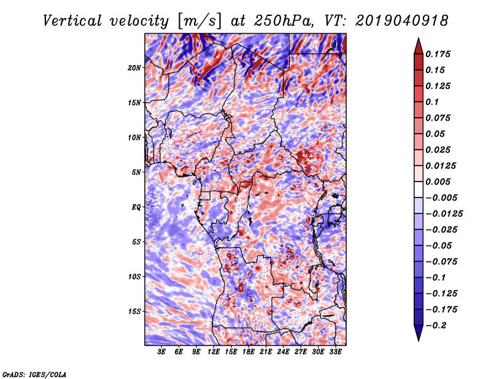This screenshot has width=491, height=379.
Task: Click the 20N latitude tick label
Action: click(134, 67)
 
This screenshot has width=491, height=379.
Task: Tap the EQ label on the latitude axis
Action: click(136, 207)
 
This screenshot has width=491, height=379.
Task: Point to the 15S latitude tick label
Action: click(134, 312)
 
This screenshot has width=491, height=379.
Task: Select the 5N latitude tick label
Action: click(136, 172)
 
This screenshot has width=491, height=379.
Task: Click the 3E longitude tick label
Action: click(161, 352)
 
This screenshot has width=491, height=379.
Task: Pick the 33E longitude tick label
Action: click(335, 352)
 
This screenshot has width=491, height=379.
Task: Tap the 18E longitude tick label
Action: click(249, 352)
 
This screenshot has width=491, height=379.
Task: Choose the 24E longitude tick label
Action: click(283, 352)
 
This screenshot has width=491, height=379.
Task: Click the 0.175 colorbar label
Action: click(438, 54)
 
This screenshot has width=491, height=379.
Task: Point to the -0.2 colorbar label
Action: click(436, 326)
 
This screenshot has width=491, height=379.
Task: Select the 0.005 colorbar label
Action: click(438, 182)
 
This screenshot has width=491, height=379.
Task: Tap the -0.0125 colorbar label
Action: click(444, 214)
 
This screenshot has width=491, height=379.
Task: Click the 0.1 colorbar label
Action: click(432, 102)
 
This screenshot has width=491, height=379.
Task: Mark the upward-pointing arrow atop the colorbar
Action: click(419, 46)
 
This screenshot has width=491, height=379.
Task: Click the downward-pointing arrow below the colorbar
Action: click(419, 333)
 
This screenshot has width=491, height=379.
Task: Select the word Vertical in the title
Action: click(72, 21)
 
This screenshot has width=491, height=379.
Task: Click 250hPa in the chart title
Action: click(284, 21)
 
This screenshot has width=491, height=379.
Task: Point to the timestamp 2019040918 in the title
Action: click(402, 21)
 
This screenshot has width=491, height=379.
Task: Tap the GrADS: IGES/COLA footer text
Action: click(34, 374)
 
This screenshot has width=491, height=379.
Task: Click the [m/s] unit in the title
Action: click(199, 21)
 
